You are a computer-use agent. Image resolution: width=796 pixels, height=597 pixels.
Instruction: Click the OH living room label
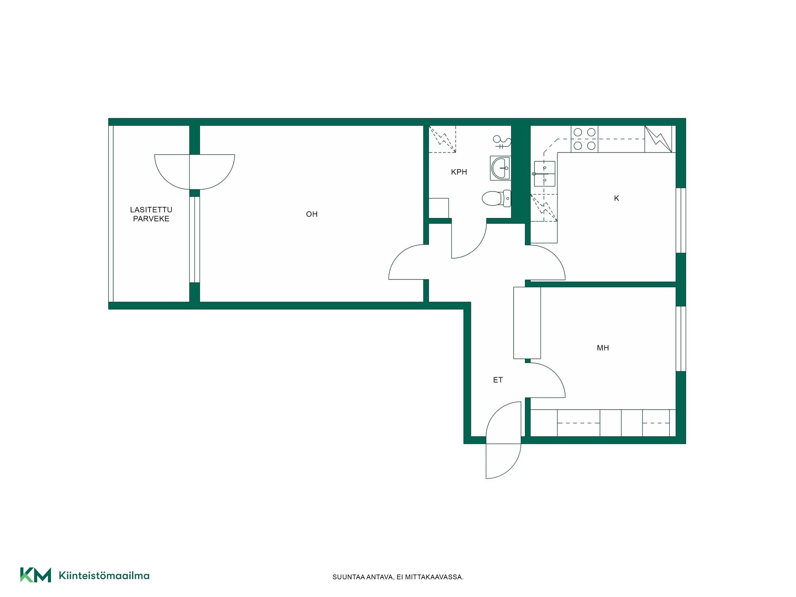point(312,214)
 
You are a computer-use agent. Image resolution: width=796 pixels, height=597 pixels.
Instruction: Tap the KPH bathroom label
point(459,172)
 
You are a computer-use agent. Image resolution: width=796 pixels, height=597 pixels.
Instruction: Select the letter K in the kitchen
point(616,198)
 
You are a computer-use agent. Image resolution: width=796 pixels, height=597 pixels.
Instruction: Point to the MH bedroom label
point(603,348)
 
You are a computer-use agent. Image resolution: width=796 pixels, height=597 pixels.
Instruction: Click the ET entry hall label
point(498,380)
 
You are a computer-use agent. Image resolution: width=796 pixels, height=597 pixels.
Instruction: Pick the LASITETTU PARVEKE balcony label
point(151,214)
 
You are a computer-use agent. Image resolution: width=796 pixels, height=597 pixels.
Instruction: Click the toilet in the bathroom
point(496,198)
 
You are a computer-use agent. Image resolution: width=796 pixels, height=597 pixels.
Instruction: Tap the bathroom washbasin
point(500,168)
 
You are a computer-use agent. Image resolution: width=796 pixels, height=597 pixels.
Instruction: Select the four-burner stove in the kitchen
point(585,139)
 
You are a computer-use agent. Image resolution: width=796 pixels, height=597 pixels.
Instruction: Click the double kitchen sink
point(544,174)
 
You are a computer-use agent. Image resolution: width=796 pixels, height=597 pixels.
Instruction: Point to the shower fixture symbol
point(501,142)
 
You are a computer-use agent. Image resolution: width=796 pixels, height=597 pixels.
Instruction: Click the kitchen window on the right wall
point(681,221)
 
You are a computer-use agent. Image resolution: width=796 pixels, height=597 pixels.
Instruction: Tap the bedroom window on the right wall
point(681,339)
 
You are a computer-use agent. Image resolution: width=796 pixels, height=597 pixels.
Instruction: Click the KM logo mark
point(36,575)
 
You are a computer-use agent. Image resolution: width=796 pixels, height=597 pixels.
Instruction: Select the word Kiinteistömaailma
point(104,575)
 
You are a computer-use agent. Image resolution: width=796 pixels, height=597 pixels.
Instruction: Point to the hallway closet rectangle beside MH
point(527,323)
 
